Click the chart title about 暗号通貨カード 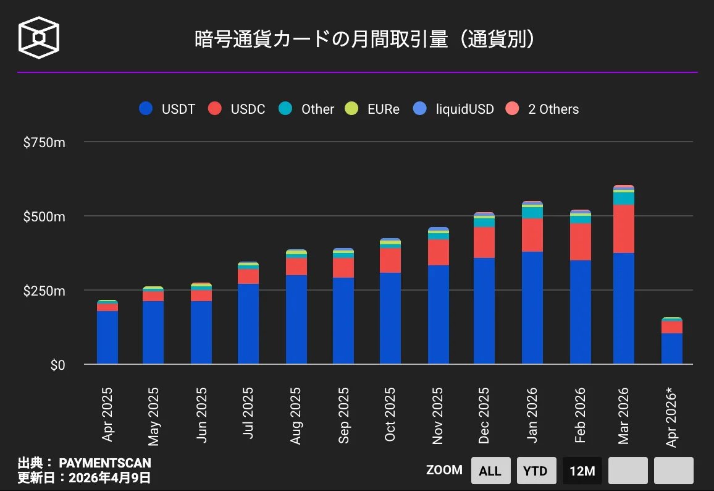coord(364,40)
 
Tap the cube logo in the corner coord(40,38)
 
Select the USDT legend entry coord(167,109)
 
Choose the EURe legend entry coord(373,109)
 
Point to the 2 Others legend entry coord(542,109)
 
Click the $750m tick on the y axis coord(44,143)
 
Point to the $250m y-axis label coord(44,291)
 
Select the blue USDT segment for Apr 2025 coord(107,338)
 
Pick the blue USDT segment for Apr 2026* coord(672,349)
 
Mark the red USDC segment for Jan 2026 coord(532,235)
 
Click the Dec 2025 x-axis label coord(484,416)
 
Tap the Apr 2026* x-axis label coord(672,417)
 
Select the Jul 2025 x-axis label coord(248,413)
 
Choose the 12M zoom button coord(582,471)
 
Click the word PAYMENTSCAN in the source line coord(105,463)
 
